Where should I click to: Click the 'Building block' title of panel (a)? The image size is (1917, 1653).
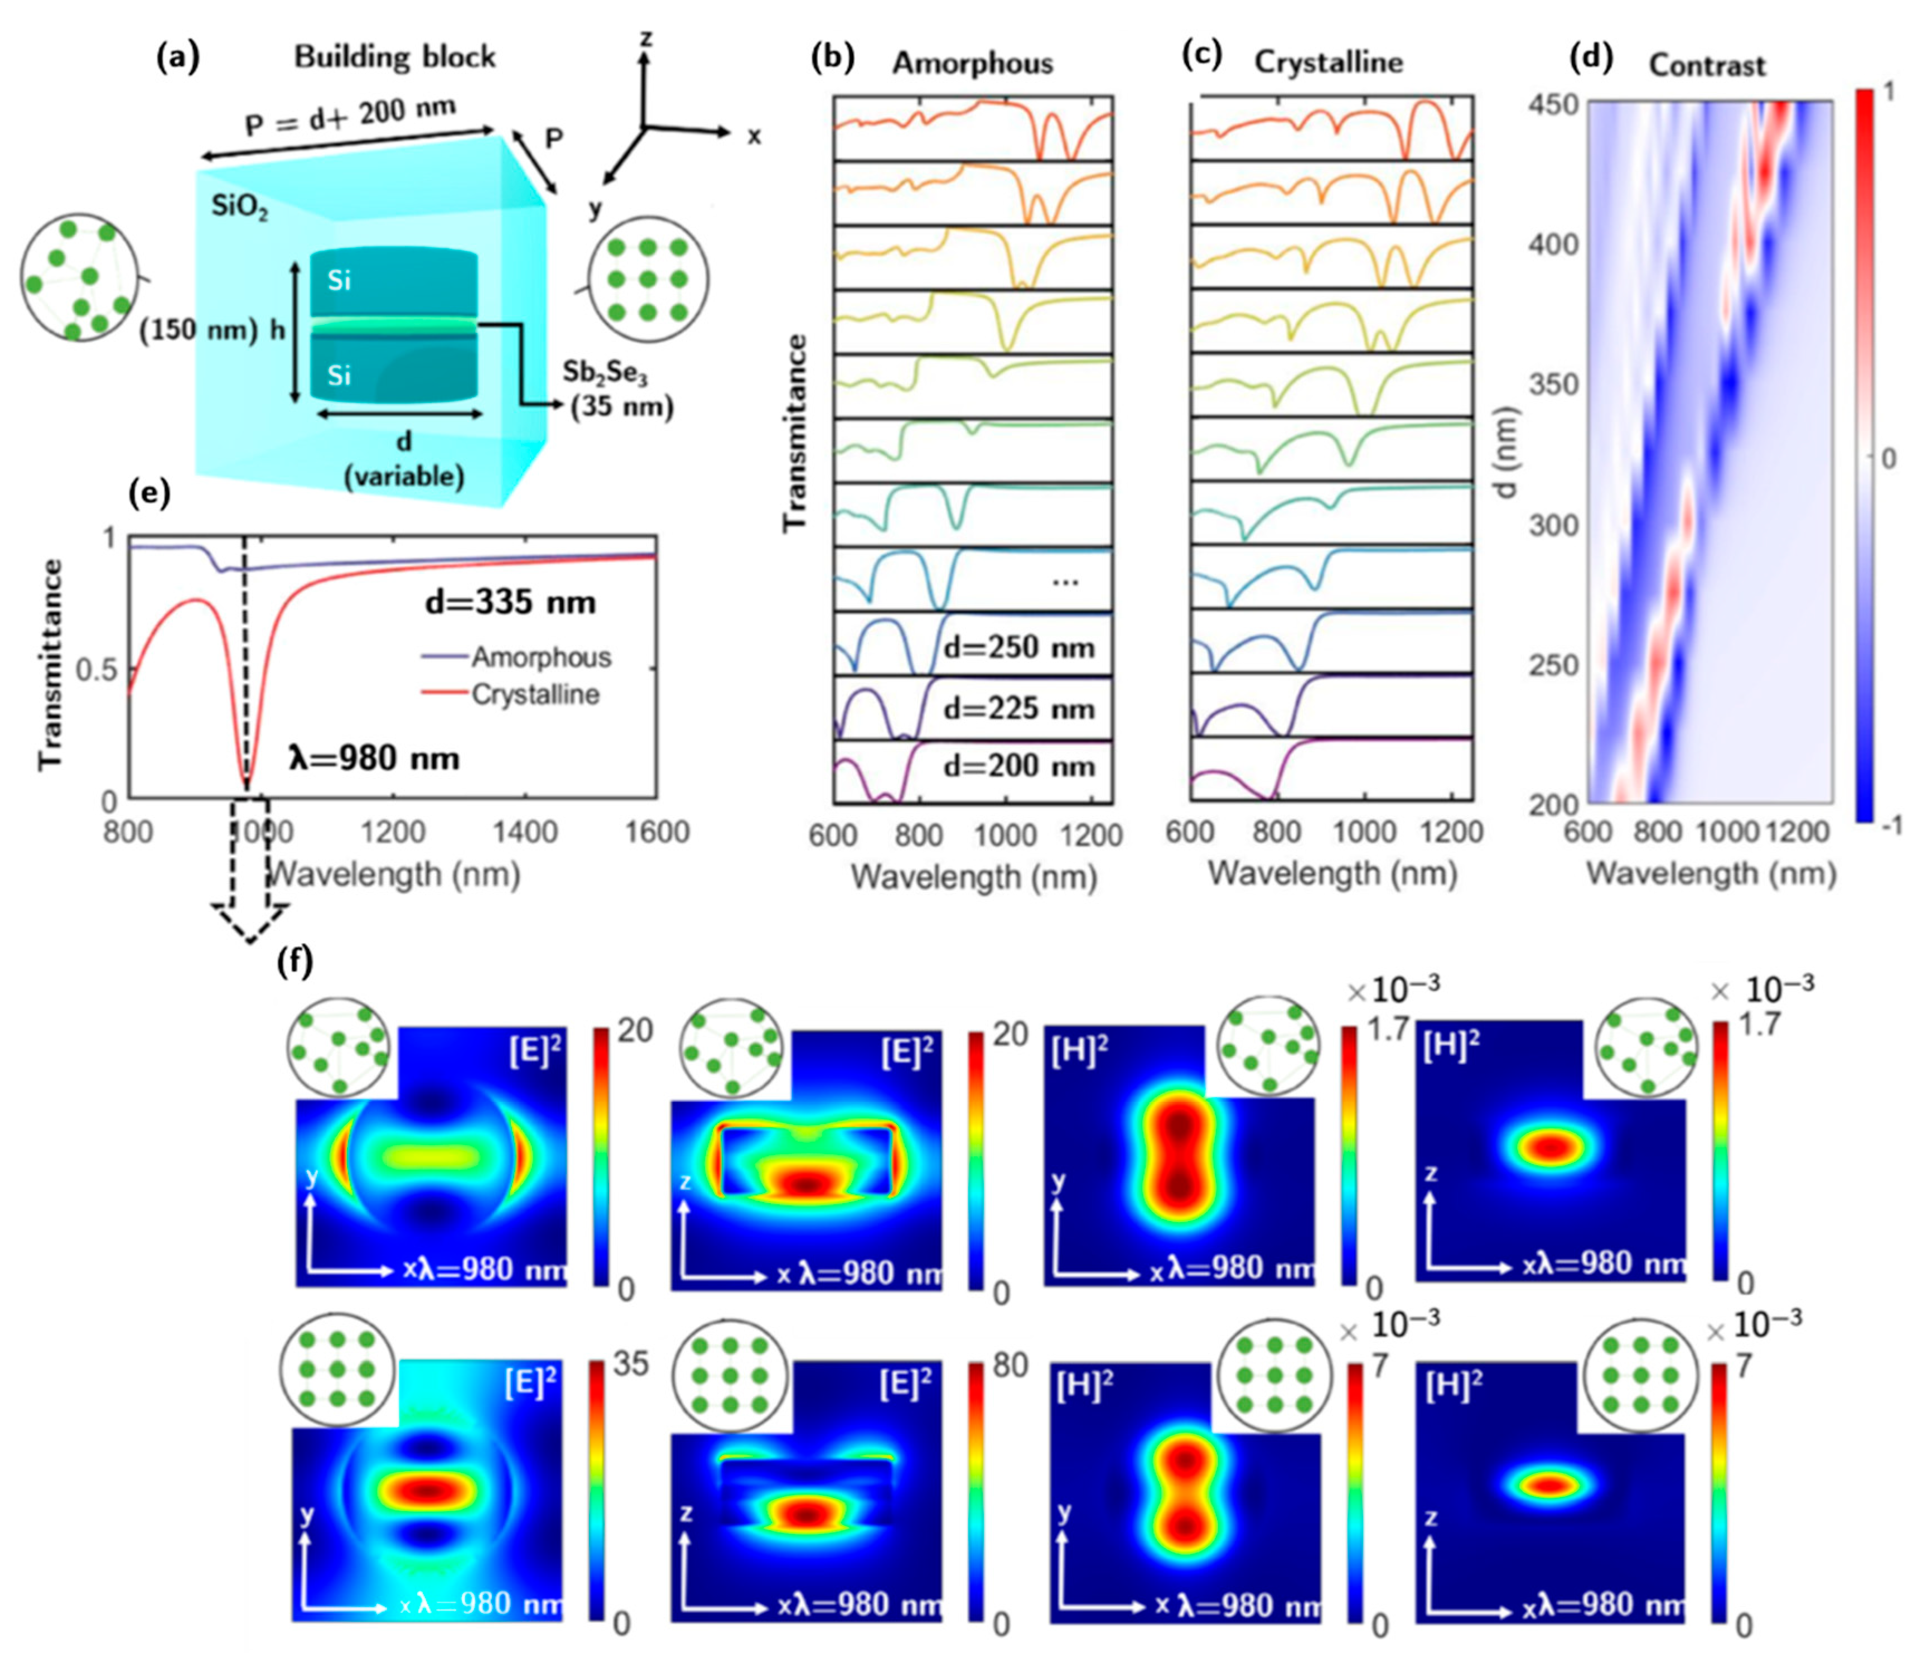tap(395, 57)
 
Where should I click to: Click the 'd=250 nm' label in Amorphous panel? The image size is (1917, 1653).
tap(1018, 647)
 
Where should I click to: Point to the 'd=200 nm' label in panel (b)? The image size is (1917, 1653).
tap(1018, 766)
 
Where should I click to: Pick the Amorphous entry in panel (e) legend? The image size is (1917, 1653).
tap(540, 657)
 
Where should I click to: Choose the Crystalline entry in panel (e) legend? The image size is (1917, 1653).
tap(535, 694)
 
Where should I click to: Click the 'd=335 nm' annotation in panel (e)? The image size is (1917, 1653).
tap(510, 603)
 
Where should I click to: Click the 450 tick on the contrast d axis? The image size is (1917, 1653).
tap(1552, 104)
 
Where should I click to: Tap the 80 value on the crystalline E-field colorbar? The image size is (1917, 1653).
tap(1010, 1365)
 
